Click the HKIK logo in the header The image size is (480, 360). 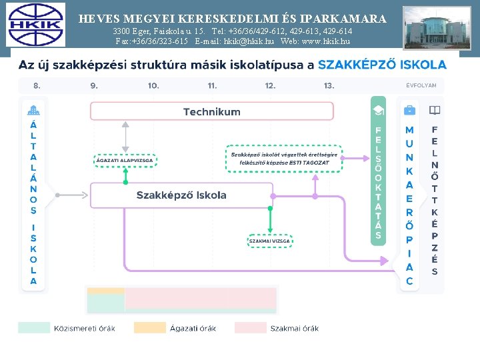36,25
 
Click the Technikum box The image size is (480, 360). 211,111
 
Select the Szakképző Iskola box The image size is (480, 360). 181,195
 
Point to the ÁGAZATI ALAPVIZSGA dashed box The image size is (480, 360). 125,161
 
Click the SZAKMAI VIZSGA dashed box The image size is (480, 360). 269,241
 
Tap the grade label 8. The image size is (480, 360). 37,85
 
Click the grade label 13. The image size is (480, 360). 329,85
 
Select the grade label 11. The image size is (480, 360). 212,85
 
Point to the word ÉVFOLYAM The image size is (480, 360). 421,85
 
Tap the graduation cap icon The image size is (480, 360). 378,110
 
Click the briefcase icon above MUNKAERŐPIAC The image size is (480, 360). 409,110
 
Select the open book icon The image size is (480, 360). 435,110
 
